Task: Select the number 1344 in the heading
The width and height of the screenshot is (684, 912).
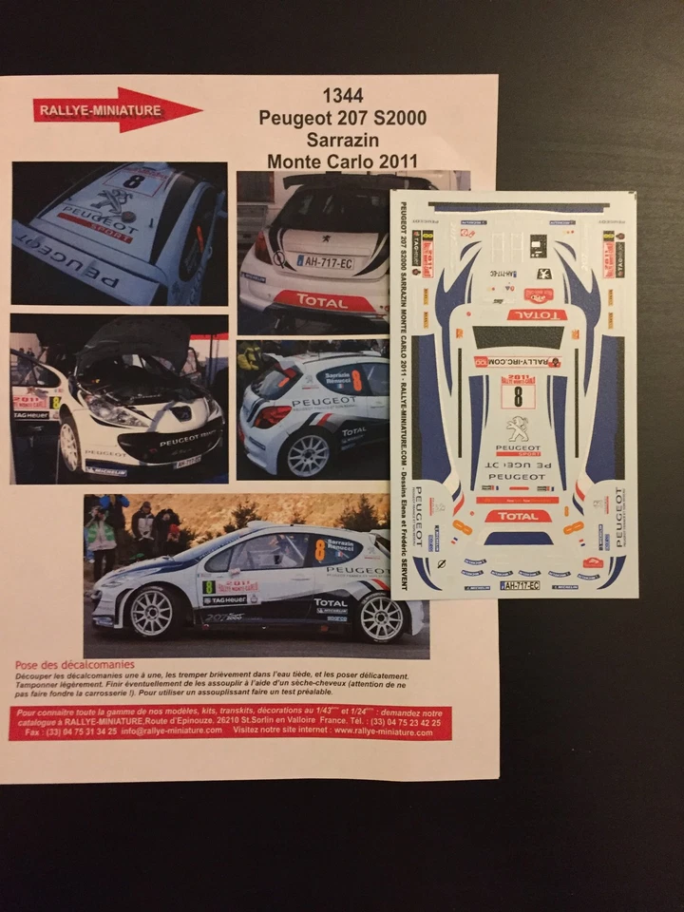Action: (342, 95)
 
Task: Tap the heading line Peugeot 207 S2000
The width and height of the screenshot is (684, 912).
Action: (342, 118)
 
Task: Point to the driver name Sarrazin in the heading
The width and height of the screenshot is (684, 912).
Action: (342, 140)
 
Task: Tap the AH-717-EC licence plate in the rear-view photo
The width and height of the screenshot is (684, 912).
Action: (325, 260)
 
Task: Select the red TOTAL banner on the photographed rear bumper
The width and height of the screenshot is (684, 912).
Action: (323, 301)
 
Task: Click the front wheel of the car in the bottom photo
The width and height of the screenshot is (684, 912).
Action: (151, 612)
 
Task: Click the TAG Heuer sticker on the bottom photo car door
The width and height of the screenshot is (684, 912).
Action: (224, 599)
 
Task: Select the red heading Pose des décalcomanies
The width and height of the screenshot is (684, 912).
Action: (75, 664)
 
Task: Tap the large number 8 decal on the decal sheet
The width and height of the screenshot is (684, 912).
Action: (518, 395)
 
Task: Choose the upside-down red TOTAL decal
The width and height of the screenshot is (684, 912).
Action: (537, 314)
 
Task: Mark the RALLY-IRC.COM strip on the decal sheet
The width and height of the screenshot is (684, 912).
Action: (518, 362)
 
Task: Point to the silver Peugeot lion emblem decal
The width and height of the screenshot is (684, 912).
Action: (518, 428)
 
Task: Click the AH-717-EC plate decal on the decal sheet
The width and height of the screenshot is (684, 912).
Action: (520, 585)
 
